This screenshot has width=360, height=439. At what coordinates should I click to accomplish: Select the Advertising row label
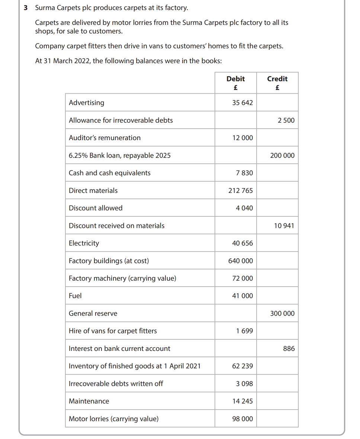(87, 103)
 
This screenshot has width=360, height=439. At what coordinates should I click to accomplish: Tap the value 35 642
(242, 103)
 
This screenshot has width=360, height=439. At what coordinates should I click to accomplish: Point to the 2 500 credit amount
(286, 120)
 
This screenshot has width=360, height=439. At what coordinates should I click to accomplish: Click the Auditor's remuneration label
(105, 138)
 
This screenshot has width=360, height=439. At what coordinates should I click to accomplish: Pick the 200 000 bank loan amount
(282, 155)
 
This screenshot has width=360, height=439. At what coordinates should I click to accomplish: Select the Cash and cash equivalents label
(110, 173)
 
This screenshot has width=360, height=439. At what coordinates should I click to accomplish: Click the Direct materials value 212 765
(240, 191)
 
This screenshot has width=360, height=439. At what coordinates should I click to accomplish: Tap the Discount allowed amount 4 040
(244, 208)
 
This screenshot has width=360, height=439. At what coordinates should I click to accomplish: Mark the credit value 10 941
(284, 226)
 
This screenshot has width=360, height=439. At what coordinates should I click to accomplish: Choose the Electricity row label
(84, 243)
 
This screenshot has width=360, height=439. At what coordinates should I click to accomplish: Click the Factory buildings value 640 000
(240, 261)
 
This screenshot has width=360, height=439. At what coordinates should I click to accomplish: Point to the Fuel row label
(75, 296)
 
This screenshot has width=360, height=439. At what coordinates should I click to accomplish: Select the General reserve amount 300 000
(282, 314)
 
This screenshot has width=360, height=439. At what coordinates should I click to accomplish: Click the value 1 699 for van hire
(244, 331)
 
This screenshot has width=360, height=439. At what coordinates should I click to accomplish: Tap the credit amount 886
(289, 349)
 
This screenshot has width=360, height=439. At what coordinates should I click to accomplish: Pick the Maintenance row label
(89, 401)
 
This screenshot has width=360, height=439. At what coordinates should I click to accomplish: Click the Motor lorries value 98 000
(242, 419)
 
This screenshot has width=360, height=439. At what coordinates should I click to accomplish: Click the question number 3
(26, 8)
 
